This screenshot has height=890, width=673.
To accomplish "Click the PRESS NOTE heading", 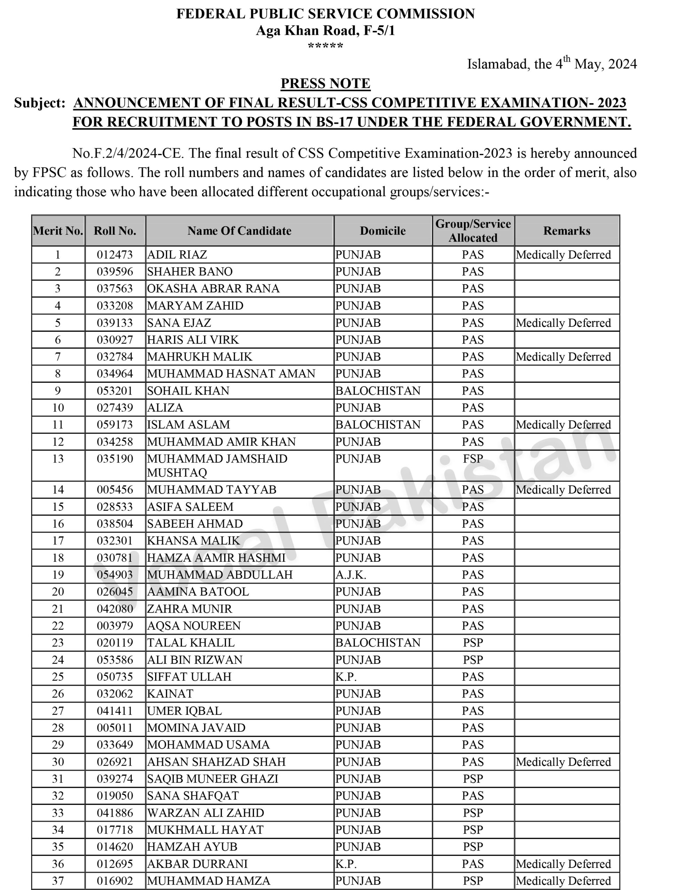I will point(325,83).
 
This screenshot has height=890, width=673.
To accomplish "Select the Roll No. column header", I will point(115,230).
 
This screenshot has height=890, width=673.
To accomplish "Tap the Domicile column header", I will point(382,230).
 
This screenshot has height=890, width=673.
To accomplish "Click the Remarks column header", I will point(566,230).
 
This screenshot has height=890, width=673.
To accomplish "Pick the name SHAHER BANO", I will point(190,272).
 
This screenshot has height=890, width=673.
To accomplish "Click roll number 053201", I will point(115,391).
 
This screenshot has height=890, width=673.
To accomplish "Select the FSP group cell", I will point(473,459).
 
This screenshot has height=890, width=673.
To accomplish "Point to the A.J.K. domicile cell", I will point(351,575).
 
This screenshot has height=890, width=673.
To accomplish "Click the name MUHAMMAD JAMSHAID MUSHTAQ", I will point(217,465).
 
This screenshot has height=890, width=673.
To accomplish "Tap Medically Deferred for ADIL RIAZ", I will point(563,255).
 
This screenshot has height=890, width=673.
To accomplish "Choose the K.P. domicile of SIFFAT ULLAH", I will point(346,677).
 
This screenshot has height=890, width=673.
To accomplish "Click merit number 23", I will point(58,642).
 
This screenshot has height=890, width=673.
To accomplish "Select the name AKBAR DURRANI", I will point(197,864).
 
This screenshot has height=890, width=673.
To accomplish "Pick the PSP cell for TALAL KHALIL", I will point(473,642).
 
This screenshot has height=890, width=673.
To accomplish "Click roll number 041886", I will point(115,813).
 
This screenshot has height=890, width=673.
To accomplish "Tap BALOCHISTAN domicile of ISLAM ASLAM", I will point(378,424).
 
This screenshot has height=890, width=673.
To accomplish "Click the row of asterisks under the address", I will point(325,46).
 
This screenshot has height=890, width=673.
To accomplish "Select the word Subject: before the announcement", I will point(39,103).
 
